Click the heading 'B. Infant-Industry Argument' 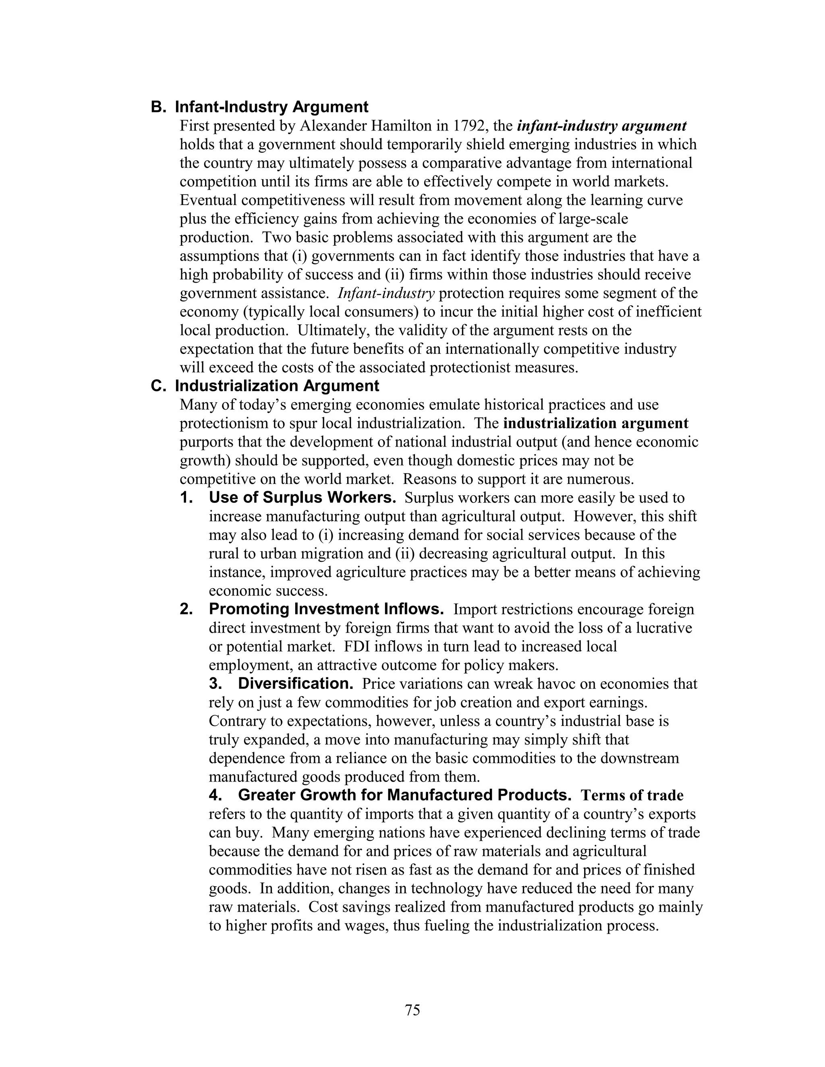(259, 107)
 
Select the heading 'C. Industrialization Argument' (264, 386)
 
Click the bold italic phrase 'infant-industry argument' (602, 126)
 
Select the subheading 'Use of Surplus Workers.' (302, 497)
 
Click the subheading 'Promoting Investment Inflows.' (326, 609)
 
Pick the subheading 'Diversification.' (295, 684)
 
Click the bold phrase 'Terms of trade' (632, 795)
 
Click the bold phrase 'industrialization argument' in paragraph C (595, 423)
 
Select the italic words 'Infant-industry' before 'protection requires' (386, 293)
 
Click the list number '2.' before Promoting (186, 609)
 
